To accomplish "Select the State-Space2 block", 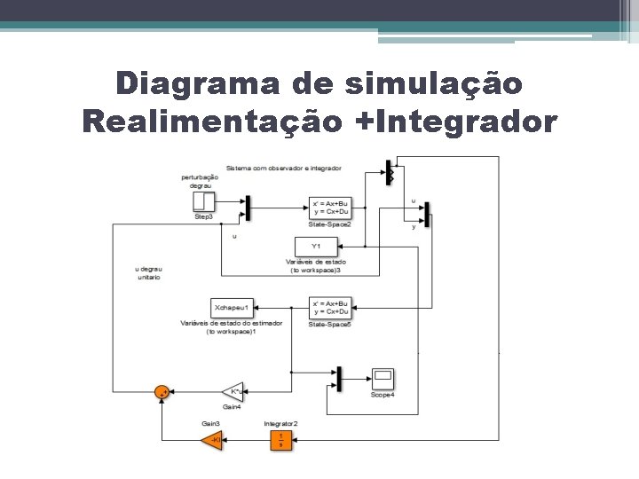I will pos(330,208).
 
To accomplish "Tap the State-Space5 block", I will pos(330,308).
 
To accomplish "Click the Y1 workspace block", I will pos(315,246).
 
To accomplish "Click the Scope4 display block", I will pos(383,379).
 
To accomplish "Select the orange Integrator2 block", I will pos(280,439).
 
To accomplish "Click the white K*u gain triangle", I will pos(233,392).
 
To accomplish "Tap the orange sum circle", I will pos(162,392).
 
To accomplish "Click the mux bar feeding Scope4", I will pos(338,379).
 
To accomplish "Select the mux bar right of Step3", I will pos(248,208).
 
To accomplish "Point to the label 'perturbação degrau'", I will pos(200,181).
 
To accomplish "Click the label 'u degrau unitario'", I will pos(148,272).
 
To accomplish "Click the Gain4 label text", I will pos(233,406).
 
